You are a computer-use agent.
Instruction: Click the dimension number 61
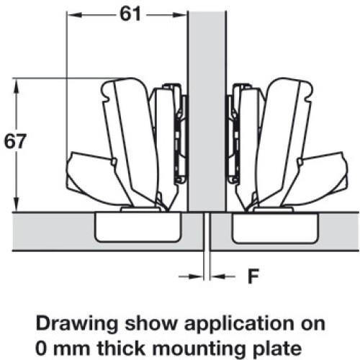pyautogui.click(x=130, y=14)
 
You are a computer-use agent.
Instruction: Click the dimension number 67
pyautogui.click(x=15, y=141)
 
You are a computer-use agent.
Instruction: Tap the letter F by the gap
pyautogui.click(x=253, y=276)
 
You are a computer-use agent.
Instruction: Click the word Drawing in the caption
pyautogui.click(x=77, y=324)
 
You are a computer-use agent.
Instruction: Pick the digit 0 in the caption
pyautogui.click(x=42, y=348)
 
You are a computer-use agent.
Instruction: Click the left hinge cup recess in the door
pyautogui.click(x=138, y=227)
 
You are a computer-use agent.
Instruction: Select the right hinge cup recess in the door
pyautogui.click(x=275, y=228)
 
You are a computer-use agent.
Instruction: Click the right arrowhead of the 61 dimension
pyautogui.click(x=180, y=15)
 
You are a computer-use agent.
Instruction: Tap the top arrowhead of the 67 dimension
pyautogui.click(x=16, y=86)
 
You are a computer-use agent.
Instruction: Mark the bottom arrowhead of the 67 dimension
pyautogui.click(x=16, y=204)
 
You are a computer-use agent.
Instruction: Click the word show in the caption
pyautogui.click(x=151, y=324)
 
